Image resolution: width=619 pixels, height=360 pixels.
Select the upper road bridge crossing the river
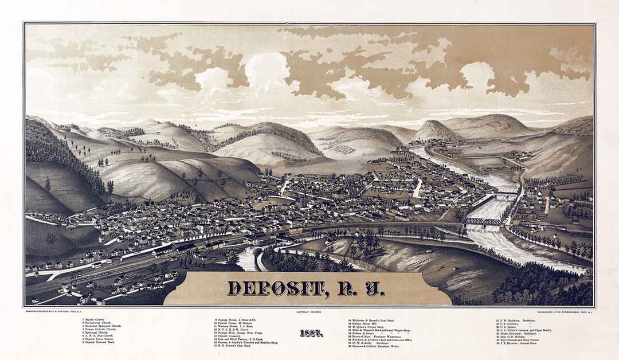click(x=504, y=195)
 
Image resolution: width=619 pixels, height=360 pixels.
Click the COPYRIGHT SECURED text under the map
click(x=309, y=311)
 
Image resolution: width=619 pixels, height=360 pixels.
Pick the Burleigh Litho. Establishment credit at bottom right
click(x=565, y=311)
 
